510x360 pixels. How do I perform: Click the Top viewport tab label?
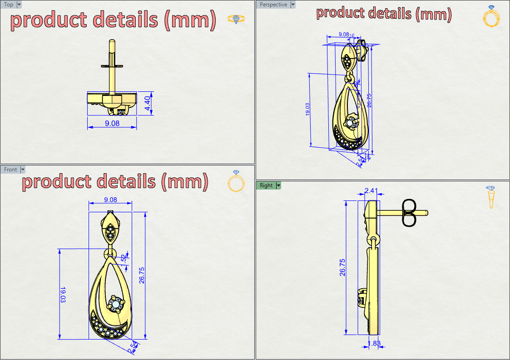(x=9, y=5)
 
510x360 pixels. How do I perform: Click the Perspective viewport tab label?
(x=273, y=5)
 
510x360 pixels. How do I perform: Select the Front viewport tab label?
(x=10, y=170)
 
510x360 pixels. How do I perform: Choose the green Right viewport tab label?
(x=266, y=185)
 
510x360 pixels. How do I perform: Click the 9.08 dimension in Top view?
(x=112, y=123)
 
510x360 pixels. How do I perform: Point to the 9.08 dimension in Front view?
(x=110, y=200)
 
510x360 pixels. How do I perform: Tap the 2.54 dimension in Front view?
(x=133, y=349)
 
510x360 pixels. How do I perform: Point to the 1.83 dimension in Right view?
(x=374, y=344)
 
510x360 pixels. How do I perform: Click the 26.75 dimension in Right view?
(x=342, y=267)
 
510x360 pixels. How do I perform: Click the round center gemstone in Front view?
(x=115, y=303)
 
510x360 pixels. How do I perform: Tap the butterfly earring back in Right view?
(x=409, y=212)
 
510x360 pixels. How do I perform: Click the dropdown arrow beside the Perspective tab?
(x=293, y=5)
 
